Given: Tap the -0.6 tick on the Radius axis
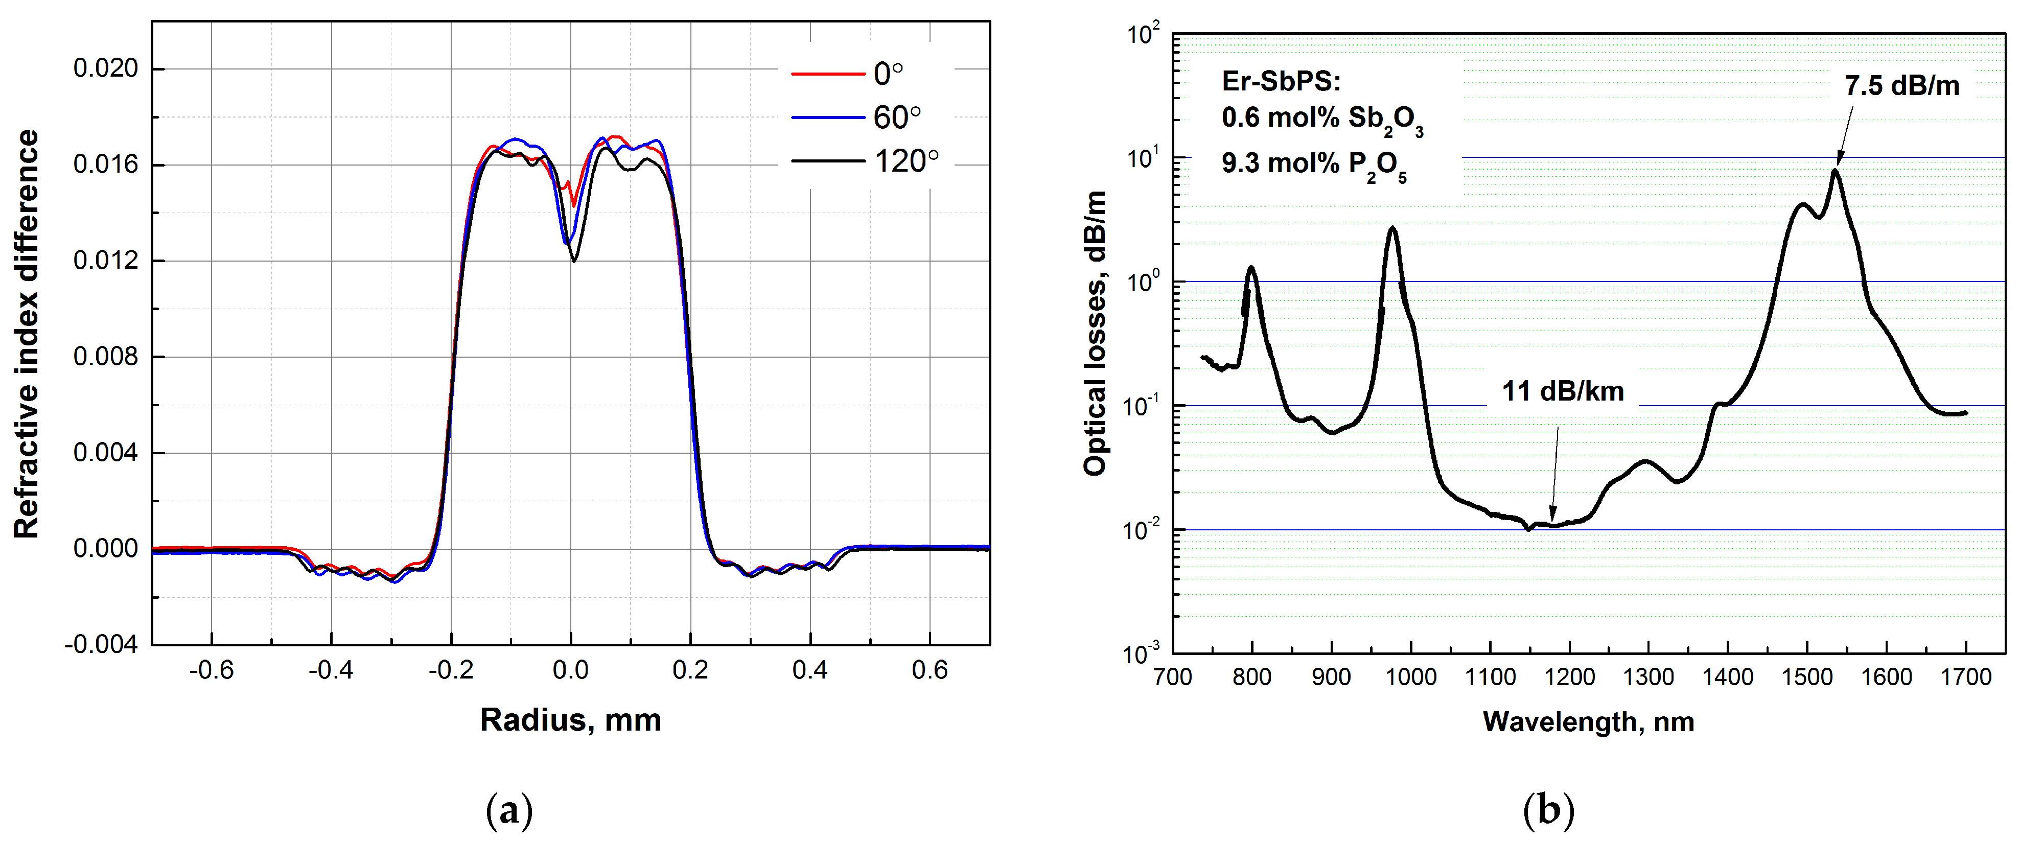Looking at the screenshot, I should pos(211,670).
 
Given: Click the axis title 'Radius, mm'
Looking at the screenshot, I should pos(570,720).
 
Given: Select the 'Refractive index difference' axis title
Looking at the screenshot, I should pos(26,333).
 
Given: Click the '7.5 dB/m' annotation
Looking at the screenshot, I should pos(1901,85).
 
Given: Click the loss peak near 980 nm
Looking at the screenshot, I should pos(1392,228).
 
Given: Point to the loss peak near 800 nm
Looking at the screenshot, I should pos(1251,268).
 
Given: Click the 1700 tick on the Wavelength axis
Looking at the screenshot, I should pos(1965,676).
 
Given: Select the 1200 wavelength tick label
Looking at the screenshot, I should pos(1569,676).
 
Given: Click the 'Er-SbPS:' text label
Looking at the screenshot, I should pos(1281,82).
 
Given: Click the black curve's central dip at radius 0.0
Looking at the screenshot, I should pos(574,260).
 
